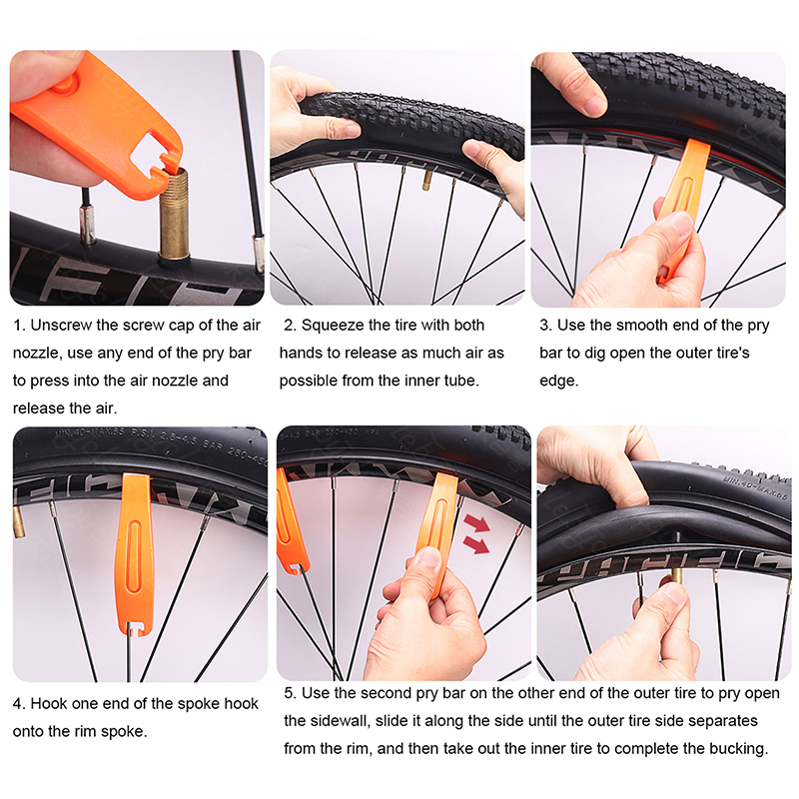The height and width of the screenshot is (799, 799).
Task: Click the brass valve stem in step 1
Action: point(174,214)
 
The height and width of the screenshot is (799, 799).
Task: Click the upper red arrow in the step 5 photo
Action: point(477,523)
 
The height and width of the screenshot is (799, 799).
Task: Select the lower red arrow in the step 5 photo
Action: point(476,544)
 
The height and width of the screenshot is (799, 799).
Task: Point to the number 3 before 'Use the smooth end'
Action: point(544,326)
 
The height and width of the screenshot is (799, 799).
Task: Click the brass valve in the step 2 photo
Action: point(427,181)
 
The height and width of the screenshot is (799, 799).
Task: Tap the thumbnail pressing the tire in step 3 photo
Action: point(593,106)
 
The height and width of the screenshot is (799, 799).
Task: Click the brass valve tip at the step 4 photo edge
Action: point(19,522)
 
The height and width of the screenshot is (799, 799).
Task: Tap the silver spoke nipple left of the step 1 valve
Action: point(88,225)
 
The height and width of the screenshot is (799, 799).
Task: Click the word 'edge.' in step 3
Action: point(559,382)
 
